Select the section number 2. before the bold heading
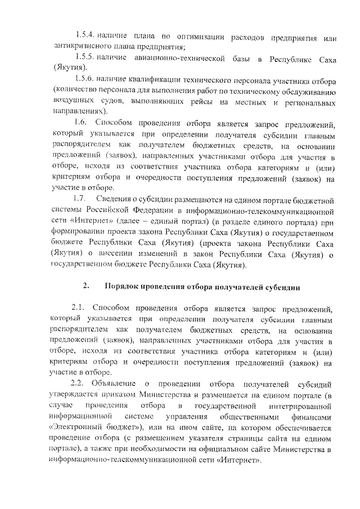(86, 287)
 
